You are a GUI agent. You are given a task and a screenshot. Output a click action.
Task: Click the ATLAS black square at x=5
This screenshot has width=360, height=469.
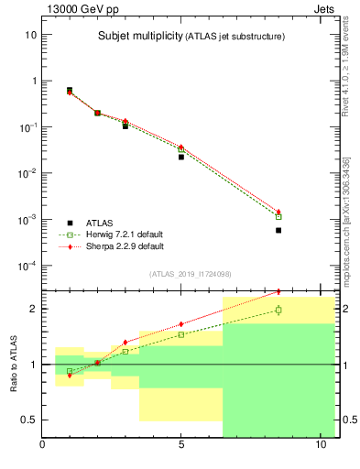[181, 157]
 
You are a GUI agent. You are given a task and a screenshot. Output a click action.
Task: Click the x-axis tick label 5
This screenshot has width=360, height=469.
[181, 446]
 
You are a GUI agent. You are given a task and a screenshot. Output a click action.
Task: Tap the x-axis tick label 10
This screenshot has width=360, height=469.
[320, 446]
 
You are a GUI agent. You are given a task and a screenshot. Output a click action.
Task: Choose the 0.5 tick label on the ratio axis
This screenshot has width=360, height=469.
[28, 420]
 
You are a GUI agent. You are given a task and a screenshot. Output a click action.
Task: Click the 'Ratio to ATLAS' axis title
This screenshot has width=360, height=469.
[13, 364]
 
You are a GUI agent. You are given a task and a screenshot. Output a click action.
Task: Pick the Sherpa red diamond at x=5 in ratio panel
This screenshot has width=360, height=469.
[181, 323]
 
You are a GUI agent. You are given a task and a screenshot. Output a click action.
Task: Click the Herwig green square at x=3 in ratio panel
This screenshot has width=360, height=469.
[125, 351]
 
